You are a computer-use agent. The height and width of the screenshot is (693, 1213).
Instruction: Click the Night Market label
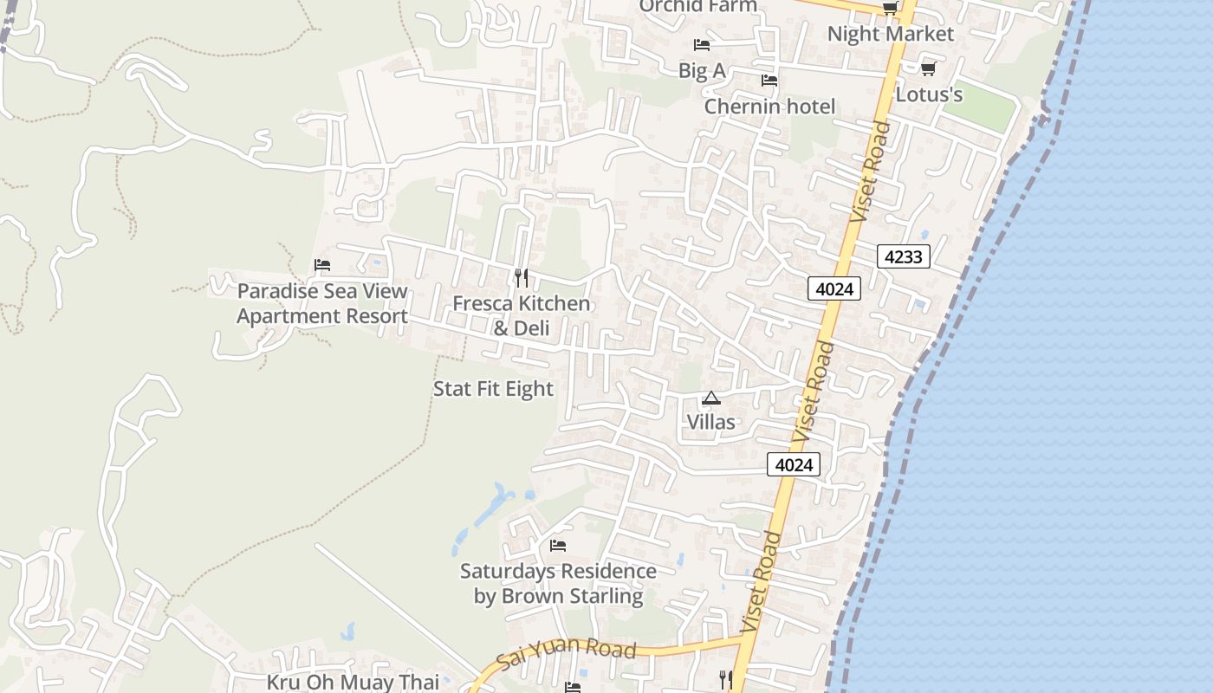(x=890, y=34)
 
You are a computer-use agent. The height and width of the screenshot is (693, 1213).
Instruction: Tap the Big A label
(x=702, y=71)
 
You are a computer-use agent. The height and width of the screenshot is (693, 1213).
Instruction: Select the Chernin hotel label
(x=769, y=107)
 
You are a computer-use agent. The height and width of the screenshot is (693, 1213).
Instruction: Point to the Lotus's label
(x=929, y=94)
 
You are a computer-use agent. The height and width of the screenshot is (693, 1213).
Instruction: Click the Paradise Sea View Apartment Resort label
(x=322, y=303)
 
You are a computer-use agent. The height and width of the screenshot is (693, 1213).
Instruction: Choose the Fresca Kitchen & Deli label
(x=522, y=315)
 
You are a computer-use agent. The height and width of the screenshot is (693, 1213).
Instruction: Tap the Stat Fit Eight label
(x=493, y=389)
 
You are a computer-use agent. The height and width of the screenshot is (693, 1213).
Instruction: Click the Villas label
(x=710, y=422)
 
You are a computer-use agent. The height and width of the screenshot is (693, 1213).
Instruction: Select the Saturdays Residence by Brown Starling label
(x=558, y=584)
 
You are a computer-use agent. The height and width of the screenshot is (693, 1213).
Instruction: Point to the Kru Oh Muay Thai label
(x=353, y=682)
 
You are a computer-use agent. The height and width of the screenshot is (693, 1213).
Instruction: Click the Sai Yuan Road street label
(x=568, y=657)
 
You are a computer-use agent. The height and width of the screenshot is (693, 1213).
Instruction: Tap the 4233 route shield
(x=903, y=256)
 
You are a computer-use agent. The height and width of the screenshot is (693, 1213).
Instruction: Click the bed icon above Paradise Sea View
(x=322, y=265)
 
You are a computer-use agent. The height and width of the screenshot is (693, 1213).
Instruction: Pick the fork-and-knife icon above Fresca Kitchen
(x=521, y=277)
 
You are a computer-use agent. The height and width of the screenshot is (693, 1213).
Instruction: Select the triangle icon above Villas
(x=710, y=398)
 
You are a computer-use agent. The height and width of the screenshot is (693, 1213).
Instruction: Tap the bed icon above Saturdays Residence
(x=558, y=546)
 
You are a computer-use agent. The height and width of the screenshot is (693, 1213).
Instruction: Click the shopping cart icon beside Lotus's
(x=928, y=68)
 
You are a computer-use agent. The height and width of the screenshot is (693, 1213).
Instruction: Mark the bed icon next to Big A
(x=702, y=45)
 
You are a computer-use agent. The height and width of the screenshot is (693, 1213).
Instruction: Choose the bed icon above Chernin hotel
(x=769, y=81)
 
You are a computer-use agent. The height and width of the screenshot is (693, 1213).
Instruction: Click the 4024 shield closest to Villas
(x=793, y=465)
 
